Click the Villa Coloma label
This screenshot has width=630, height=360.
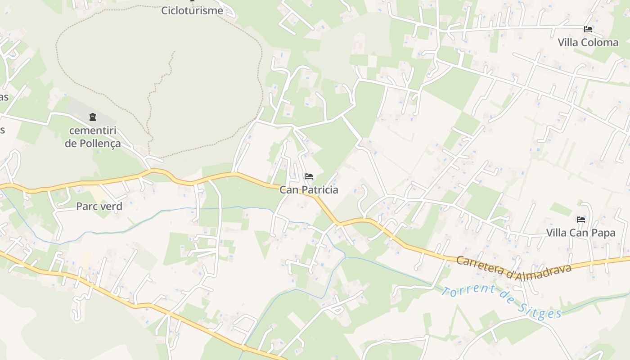click(x=588, y=42)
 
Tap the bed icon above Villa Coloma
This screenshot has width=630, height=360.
click(x=588, y=29)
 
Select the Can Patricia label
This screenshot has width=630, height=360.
click(x=309, y=190)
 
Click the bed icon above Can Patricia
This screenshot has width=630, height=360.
click(x=309, y=176)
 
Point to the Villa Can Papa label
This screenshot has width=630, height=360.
click(x=580, y=233)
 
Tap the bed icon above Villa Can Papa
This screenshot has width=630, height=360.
click(x=581, y=220)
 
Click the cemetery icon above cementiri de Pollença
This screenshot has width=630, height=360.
click(x=93, y=117)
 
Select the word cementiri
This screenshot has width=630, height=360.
click(x=93, y=131)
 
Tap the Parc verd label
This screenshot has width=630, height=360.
click(x=99, y=207)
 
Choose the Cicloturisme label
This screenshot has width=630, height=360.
click(x=192, y=10)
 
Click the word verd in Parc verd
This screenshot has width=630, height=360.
click(x=111, y=207)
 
